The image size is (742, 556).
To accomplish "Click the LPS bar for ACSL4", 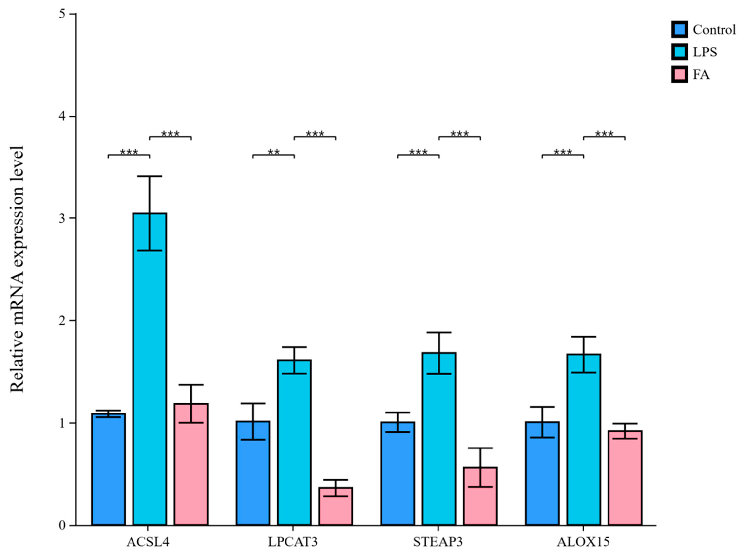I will pyautogui.click(x=150, y=369).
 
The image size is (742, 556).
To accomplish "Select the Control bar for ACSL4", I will pyautogui.click(x=108, y=469).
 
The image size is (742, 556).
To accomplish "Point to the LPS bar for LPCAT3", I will pyautogui.click(x=294, y=442).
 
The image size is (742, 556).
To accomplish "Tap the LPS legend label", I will pyautogui.click(x=705, y=52).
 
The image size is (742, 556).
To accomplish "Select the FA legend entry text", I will pyautogui.click(x=701, y=75).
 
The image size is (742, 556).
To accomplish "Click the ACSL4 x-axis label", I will pyautogui.click(x=148, y=542).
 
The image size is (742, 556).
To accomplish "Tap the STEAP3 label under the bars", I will pyautogui.click(x=438, y=542).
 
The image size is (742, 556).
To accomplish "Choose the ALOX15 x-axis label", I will pyautogui.click(x=583, y=542).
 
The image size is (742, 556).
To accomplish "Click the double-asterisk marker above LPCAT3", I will pyautogui.click(x=274, y=152).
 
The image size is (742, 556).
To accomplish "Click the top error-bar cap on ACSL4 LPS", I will pyautogui.click(x=150, y=176).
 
